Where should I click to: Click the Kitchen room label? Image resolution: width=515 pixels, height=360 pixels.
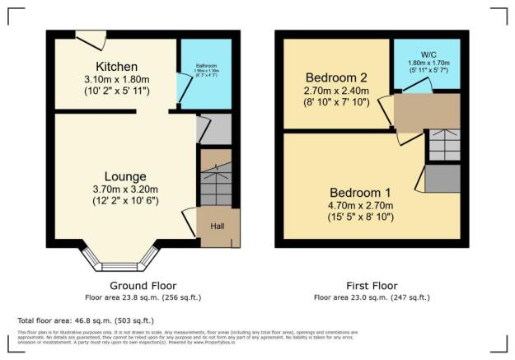[116, 67]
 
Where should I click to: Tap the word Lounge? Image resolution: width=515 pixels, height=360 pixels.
[125, 176]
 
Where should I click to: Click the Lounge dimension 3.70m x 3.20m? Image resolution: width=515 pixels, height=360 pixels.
[125, 189]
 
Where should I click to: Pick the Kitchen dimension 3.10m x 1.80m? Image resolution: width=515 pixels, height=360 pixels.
[116, 80]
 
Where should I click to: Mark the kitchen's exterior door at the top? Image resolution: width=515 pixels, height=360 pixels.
[87, 36]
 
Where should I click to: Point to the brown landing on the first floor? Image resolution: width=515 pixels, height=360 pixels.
[426, 112]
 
